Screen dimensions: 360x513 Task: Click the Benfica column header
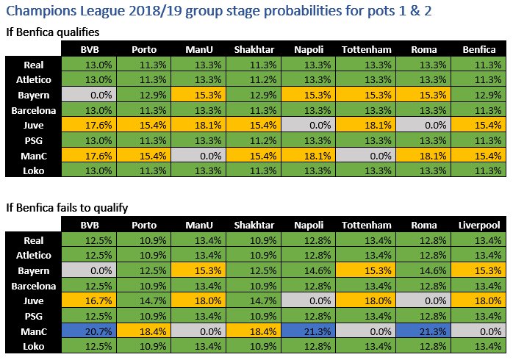479,49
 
